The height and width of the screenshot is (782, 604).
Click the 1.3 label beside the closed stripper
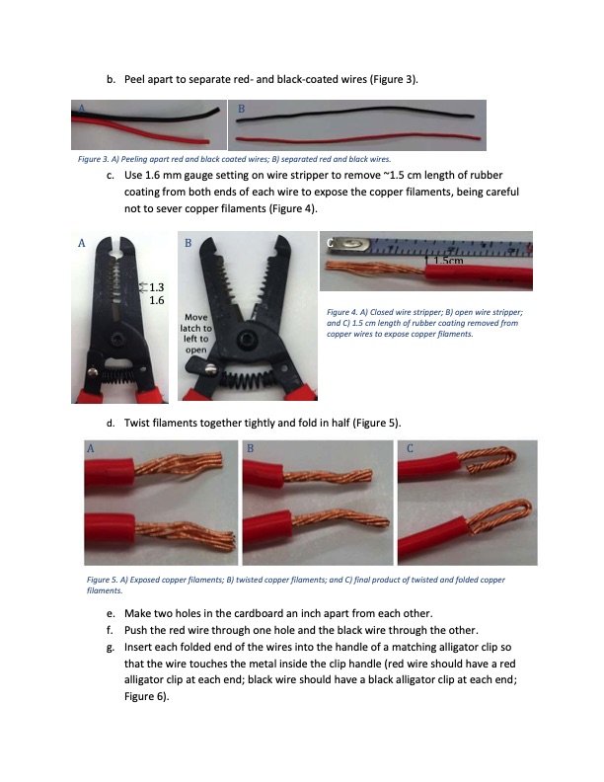pos(157,287)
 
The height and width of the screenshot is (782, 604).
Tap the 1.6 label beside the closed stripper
pos(157,300)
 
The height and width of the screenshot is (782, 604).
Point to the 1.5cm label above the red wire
pos(448,261)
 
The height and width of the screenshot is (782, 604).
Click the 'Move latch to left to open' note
pos(195,333)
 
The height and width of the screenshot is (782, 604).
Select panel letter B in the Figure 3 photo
pos(241,109)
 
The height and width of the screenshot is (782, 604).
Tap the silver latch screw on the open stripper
pos(211,369)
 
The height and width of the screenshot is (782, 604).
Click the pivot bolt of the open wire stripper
pos(246,340)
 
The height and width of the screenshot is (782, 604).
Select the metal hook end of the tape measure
pos(348,244)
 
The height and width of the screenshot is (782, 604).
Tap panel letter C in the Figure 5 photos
pos(410,448)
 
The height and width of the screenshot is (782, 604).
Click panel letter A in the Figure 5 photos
pos(90,448)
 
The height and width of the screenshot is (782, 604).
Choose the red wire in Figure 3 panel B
pos(355,138)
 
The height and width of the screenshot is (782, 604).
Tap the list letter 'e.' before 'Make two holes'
pos(111,614)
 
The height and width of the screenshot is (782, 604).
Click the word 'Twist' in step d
pos(136,423)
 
